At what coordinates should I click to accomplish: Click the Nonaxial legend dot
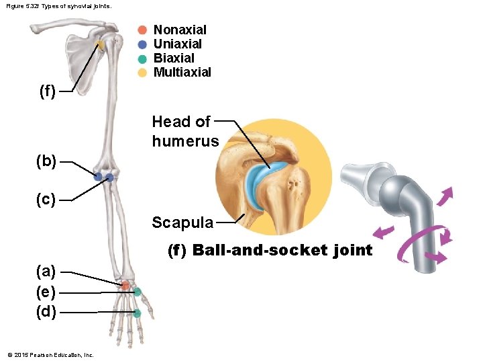[142, 30]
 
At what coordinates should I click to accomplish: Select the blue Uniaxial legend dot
[142, 44]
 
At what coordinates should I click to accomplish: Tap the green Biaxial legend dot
[142, 58]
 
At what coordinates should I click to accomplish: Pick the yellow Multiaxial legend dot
[142, 73]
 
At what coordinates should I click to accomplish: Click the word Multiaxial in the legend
[182, 73]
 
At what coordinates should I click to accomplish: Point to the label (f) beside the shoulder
[47, 91]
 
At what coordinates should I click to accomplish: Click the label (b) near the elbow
[47, 161]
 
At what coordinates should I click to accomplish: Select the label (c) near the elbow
[47, 200]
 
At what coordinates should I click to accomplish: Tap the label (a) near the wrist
[47, 272]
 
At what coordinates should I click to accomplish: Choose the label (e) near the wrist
[47, 292]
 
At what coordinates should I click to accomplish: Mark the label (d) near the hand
[47, 312]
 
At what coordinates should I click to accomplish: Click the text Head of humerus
[185, 131]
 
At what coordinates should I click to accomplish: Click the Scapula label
[182, 223]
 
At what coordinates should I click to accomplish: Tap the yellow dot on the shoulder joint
[100, 46]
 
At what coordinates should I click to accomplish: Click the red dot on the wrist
[125, 286]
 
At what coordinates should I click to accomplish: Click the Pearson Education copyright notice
[50, 355]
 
